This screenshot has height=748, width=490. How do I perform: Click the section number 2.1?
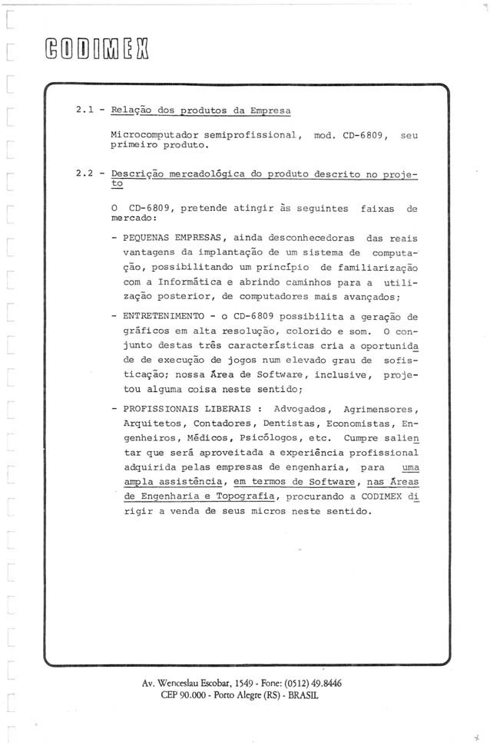(84, 110)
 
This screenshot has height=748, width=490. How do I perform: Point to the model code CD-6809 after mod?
(359, 135)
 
